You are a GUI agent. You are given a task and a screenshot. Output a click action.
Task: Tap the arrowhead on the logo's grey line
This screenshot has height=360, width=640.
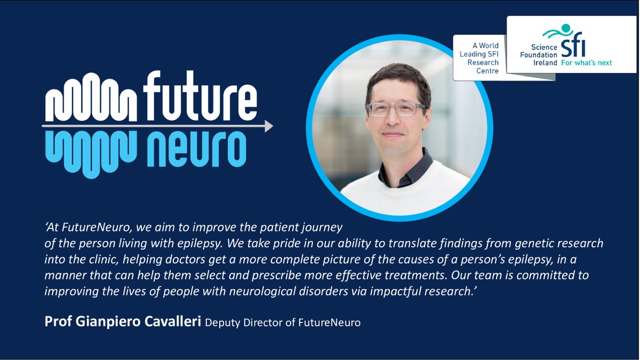click(269, 126)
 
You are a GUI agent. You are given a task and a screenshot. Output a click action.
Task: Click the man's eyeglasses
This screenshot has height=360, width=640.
click(397, 109)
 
